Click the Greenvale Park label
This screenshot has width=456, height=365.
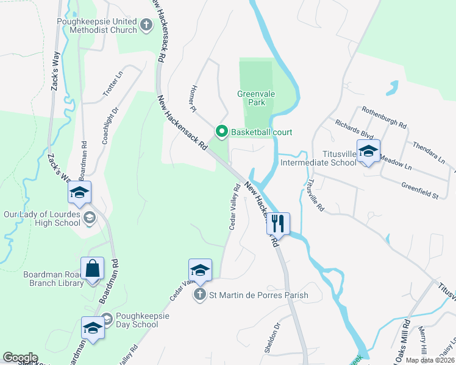coord(251,99)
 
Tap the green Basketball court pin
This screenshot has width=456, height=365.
coord(222,131)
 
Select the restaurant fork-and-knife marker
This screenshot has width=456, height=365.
coord(278,223)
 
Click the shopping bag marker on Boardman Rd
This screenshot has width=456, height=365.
coord(93,268)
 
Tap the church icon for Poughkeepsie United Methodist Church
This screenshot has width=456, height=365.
coord(146,25)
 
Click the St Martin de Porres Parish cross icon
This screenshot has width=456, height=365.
coord(199,296)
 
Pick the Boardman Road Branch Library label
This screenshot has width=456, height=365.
coord(53,279)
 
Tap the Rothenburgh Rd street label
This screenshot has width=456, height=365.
coord(383,117)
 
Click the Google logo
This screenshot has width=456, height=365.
coord(20,358)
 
